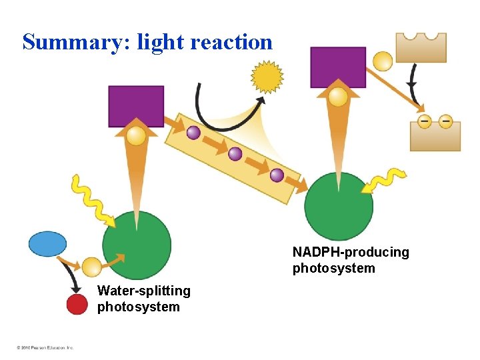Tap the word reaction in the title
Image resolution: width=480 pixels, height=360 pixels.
[231, 43]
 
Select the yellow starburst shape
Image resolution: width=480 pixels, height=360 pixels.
[267, 77]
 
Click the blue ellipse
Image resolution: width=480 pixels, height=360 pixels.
[48, 244]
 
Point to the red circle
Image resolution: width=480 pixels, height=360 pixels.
[77, 305]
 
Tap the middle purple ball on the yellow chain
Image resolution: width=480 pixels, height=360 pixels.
[235, 154]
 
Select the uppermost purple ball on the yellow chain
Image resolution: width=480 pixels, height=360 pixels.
[193, 133]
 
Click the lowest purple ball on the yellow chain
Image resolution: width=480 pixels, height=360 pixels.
[277, 175]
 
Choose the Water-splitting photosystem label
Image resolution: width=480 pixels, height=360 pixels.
[143, 299]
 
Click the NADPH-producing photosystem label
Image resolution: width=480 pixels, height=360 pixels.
[351, 260]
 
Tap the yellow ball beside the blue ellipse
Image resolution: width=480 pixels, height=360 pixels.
[92, 267]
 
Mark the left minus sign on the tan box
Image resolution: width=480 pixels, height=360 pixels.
[424, 121]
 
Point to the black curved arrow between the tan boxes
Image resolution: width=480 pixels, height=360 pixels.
[412, 83]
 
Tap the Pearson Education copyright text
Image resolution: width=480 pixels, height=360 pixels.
[45, 347]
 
